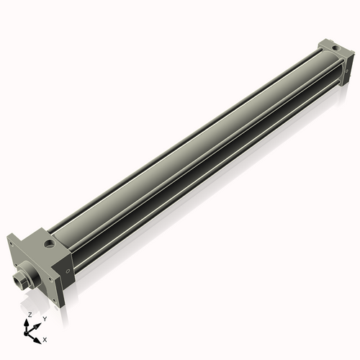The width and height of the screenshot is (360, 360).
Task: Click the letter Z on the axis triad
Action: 30,315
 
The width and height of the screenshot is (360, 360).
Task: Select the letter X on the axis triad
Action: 45,338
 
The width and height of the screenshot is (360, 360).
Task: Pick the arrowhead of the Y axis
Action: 39,323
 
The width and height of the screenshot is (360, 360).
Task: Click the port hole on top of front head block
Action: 50,246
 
